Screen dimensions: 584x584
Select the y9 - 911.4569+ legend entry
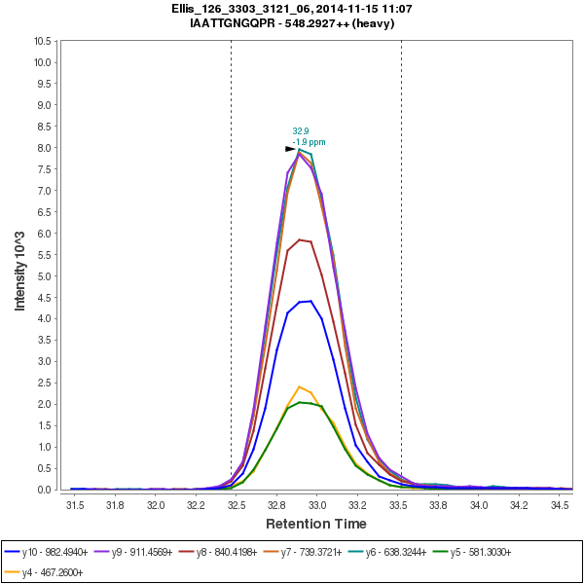(147, 551)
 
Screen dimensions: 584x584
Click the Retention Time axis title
(316, 523)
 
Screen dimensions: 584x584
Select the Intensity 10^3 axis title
(20, 265)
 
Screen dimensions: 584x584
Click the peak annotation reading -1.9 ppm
(309, 142)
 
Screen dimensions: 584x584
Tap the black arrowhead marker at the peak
(291, 149)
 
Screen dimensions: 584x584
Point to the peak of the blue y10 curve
(310, 301)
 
